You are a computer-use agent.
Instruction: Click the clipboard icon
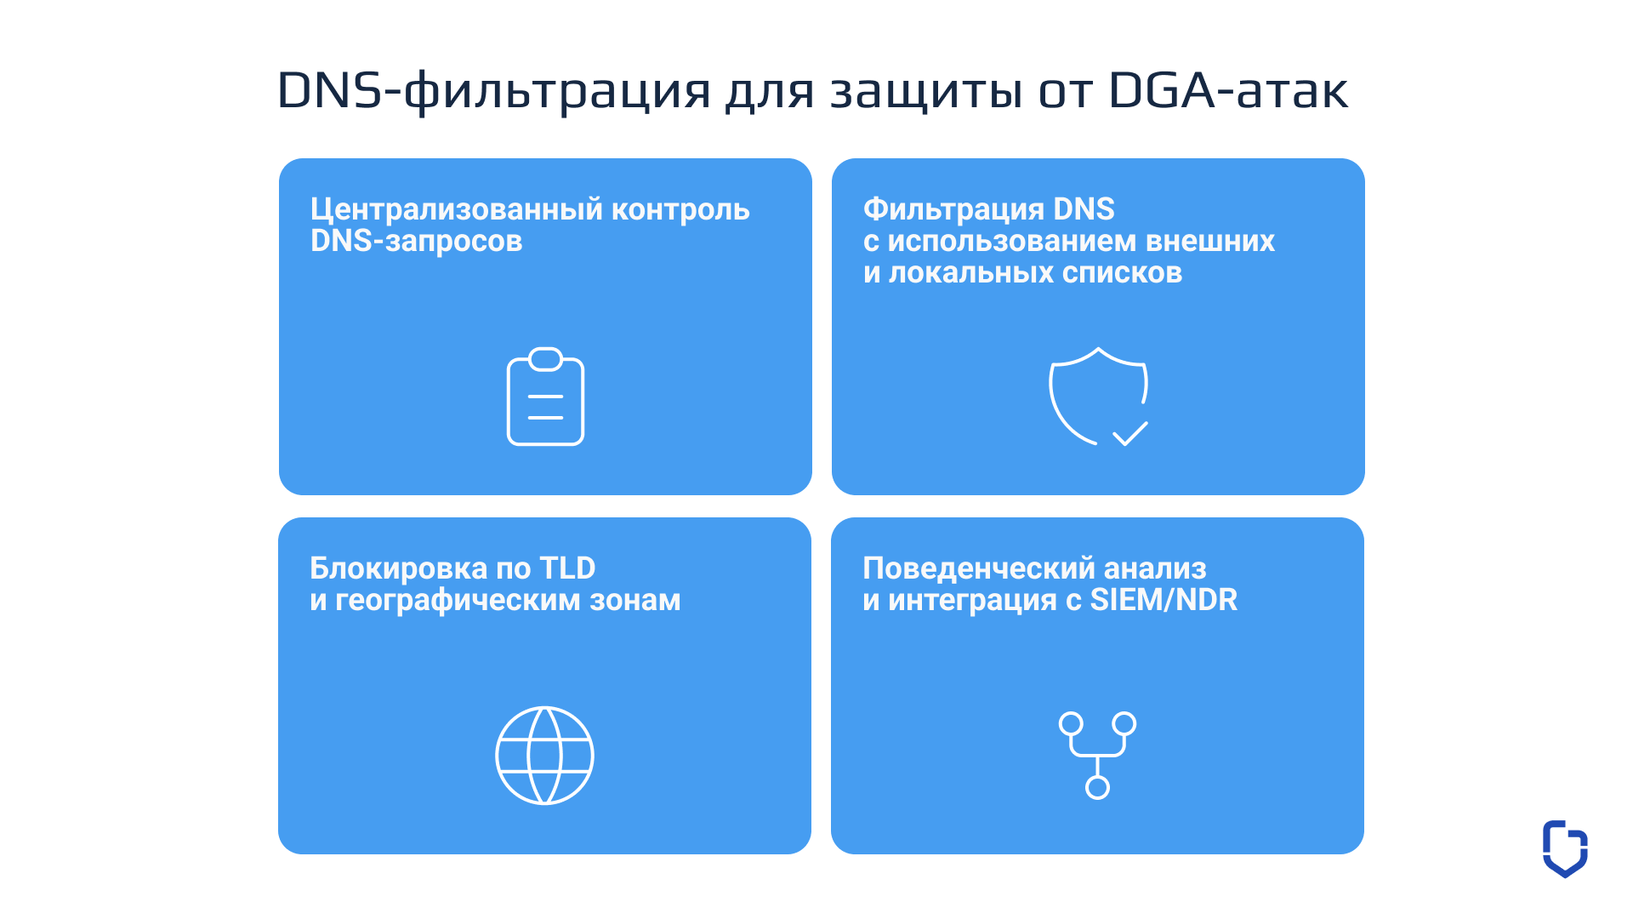tap(545, 418)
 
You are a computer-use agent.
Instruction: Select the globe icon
tap(545, 756)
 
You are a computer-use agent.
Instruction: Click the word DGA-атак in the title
tap(1228, 90)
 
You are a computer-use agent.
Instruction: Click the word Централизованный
tap(457, 209)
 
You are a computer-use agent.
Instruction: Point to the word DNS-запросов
tap(416, 242)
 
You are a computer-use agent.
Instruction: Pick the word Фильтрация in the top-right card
tap(953, 209)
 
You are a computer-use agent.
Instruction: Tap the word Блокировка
tap(398, 568)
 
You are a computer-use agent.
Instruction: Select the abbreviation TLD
tap(567, 568)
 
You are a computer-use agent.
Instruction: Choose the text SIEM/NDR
tap(1164, 600)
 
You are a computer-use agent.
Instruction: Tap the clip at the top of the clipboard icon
tap(545, 359)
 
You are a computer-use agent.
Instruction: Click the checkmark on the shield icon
tap(1130, 434)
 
